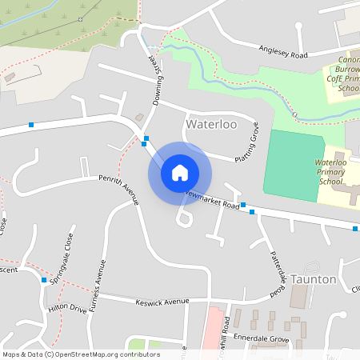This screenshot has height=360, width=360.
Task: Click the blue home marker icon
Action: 180,171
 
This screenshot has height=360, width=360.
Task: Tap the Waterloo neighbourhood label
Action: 212,125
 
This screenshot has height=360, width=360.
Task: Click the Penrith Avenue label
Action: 120,190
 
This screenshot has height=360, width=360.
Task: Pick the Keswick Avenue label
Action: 162,302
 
